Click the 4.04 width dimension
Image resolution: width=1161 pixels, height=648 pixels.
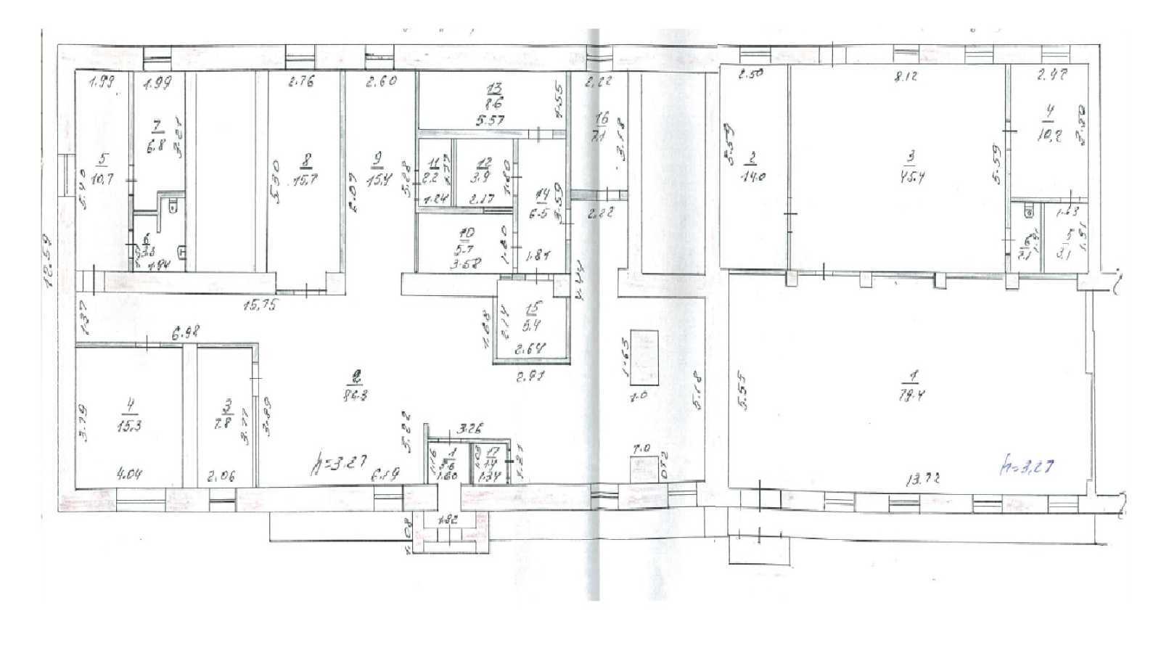pyautogui.click(x=128, y=475)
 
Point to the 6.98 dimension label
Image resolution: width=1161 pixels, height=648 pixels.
pyautogui.click(x=185, y=333)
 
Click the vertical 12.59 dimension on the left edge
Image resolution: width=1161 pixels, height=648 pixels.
pyautogui.click(x=49, y=261)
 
